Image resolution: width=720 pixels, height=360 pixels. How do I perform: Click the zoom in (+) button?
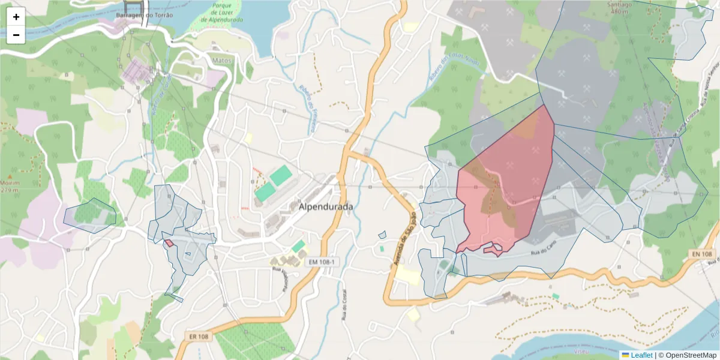pyautogui.click(x=16, y=17)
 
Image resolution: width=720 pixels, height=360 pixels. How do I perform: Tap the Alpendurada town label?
pyautogui.click(x=326, y=206)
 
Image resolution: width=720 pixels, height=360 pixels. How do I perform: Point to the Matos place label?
pyautogui.click(x=222, y=61)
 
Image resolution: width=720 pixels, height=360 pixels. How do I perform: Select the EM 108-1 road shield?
pyautogui.click(x=324, y=262)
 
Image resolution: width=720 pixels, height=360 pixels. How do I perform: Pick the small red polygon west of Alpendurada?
pyautogui.click(x=169, y=243)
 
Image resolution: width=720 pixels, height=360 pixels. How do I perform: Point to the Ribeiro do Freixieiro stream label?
pyautogui.click(x=308, y=109)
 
